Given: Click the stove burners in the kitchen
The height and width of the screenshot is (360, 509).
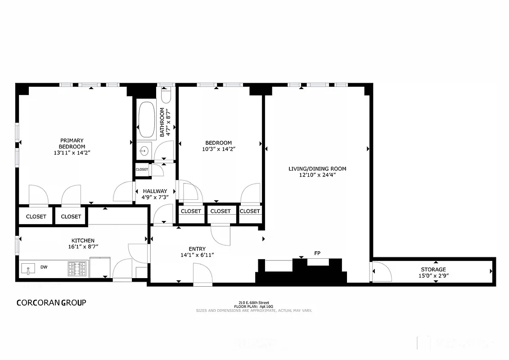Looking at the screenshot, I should [77, 269].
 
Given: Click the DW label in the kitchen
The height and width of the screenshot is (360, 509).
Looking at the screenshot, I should [44, 267].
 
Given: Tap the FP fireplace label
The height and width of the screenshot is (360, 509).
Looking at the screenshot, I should [317, 253].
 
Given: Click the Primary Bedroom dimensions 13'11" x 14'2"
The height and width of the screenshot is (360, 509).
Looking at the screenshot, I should [72, 153].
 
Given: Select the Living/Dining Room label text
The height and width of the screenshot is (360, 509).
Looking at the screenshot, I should [317, 169].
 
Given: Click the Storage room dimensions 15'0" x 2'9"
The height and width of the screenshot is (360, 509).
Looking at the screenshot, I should [433, 275].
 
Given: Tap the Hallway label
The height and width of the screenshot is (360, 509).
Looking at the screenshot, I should [155, 191].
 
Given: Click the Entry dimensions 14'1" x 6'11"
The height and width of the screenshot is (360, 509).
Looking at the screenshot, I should [197, 255].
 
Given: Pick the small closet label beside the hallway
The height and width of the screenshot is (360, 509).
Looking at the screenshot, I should [142, 170].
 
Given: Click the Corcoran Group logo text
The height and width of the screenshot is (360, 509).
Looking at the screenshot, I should [51, 302].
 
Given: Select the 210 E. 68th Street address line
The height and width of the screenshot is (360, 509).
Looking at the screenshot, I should [254, 302].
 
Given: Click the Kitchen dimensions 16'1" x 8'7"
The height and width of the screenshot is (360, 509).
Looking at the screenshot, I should [83, 247].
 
